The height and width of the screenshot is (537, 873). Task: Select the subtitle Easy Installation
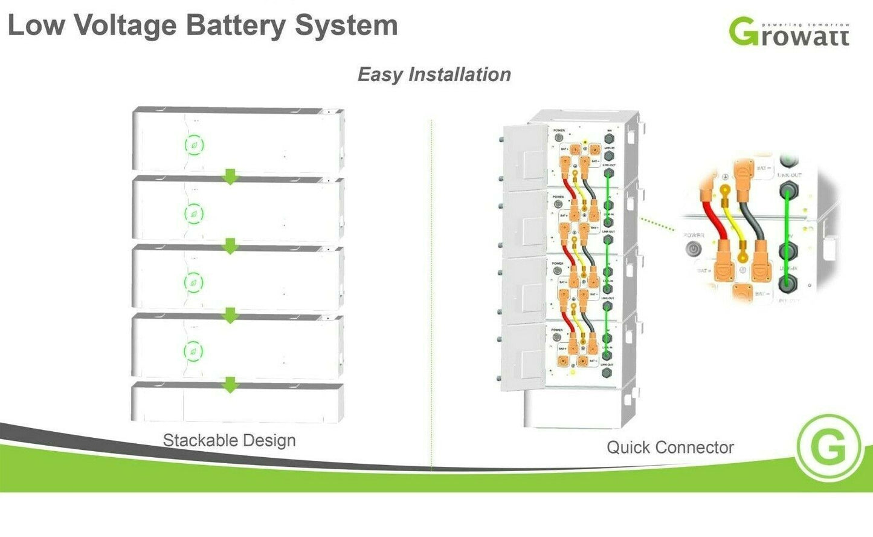tap(434, 74)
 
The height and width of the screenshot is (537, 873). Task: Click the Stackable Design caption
tap(229, 440)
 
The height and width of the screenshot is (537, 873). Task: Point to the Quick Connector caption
tap(669, 447)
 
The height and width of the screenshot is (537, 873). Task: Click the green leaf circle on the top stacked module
tap(193, 145)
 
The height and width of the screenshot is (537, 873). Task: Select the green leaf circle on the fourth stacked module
tap(193, 351)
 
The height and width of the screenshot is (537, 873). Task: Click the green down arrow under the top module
tap(230, 177)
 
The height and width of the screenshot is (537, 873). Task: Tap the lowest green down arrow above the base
tap(230, 385)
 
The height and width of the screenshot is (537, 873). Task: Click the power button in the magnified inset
tap(692, 249)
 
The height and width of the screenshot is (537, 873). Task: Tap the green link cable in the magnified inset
tap(787, 224)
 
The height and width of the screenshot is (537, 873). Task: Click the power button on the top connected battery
tap(558, 138)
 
